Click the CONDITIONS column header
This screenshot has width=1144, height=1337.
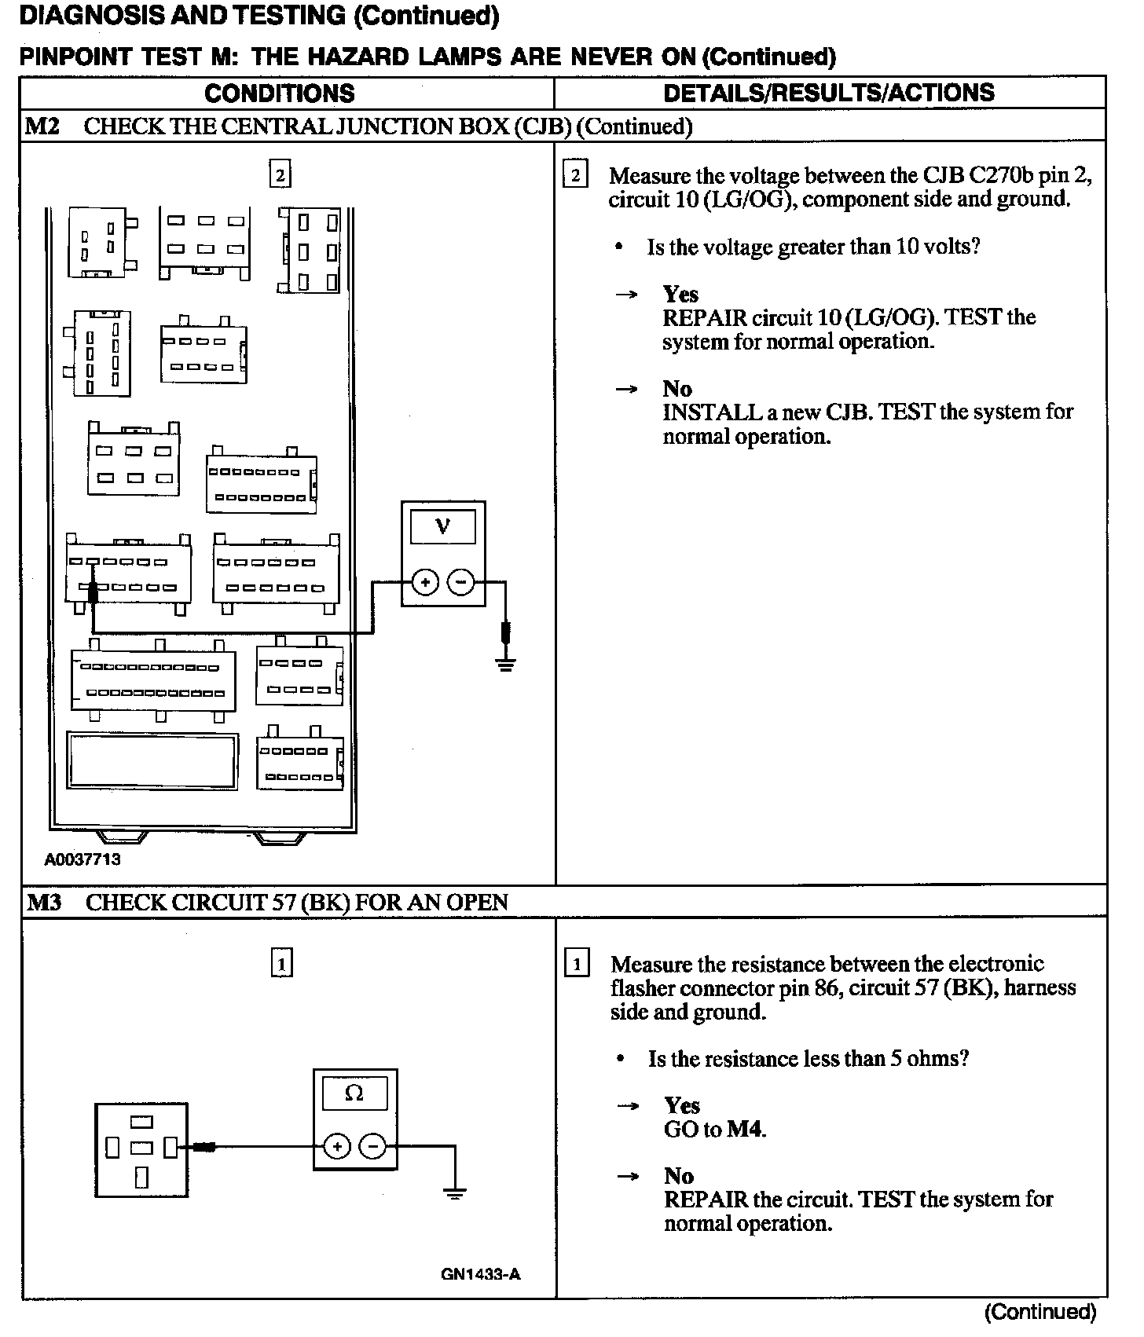click(x=280, y=93)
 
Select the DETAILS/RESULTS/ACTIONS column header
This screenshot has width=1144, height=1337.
click(x=829, y=93)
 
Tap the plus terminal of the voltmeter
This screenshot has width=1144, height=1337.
click(x=425, y=582)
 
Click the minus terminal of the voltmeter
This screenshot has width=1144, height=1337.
click(x=460, y=582)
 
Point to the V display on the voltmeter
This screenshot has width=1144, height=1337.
click(x=443, y=526)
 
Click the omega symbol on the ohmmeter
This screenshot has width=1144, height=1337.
click(x=354, y=1093)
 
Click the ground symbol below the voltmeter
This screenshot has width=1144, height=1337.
click(x=506, y=666)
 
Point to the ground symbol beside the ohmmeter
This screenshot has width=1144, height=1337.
click(x=454, y=1195)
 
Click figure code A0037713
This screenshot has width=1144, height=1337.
click(x=82, y=859)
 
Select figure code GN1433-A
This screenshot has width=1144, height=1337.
click(x=481, y=1274)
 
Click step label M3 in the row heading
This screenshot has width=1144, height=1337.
click(x=45, y=903)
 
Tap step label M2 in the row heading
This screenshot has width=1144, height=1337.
click(x=42, y=126)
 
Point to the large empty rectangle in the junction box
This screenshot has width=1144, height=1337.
click(x=152, y=761)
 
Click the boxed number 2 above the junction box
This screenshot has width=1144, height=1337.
click(x=280, y=174)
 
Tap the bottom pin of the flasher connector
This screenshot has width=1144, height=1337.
click(x=142, y=1177)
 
